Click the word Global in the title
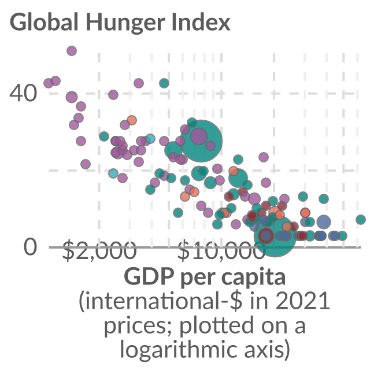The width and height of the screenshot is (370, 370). click(x=44, y=22)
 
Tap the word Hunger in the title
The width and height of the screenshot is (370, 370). click(x=125, y=24)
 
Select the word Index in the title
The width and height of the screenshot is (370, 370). click(x=201, y=22)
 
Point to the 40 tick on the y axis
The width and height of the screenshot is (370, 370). click(x=23, y=94)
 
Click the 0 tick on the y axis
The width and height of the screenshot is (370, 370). click(x=31, y=247)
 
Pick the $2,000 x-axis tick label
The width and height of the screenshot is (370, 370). click(x=99, y=250)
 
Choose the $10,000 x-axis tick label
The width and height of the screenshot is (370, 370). click(x=221, y=250)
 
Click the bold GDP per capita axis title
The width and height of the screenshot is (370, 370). click(x=205, y=276)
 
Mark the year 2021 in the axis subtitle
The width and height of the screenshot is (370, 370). click(x=302, y=301)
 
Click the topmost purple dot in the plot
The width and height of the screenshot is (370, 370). click(x=72, y=51)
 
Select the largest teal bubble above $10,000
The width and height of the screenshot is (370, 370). click(x=201, y=141)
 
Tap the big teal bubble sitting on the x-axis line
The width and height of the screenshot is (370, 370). click(x=275, y=236)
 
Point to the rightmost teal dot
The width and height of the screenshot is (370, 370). click(x=361, y=220)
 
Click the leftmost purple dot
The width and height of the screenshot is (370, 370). click(x=49, y=83)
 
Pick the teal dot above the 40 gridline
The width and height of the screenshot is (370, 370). click(x=164, y=83)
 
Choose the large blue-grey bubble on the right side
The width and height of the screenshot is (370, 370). click(x=324, y=222)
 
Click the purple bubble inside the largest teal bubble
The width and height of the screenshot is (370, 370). click(x=199, y=136)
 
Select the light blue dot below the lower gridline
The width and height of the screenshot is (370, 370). click(x=113, y=173)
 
